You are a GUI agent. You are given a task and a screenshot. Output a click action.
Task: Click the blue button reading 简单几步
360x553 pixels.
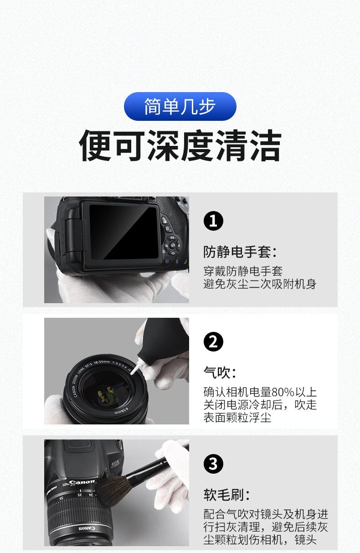click(x=180, y=106)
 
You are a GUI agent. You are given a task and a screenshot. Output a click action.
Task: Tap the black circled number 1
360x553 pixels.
click(x=213, y=221)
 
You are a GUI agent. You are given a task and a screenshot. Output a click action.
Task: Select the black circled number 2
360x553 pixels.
click(x=213, y=341)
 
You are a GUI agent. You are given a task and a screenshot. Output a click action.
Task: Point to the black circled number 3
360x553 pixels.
click(x=213, y=464)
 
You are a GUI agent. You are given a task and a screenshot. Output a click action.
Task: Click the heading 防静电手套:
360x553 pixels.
click(x=240, y=252)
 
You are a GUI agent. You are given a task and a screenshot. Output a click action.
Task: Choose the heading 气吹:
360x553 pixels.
click(x=219, y=372)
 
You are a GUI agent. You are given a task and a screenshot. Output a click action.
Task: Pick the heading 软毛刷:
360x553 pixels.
click(x=226, y=495)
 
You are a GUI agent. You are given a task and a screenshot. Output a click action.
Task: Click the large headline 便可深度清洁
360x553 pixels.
click(x=180, y=145)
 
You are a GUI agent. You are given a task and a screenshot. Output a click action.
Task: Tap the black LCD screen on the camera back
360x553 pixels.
click(x=123, y=232)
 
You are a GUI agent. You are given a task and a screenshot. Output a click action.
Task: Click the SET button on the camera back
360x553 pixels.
click(x=172, y=245)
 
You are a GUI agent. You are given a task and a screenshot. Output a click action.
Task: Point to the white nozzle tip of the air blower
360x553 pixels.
click(x=134, y=370)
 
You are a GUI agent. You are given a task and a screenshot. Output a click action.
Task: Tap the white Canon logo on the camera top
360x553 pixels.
click(x=82, y=482)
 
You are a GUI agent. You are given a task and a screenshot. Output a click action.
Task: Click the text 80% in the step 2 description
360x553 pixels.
click(x=283, y=392)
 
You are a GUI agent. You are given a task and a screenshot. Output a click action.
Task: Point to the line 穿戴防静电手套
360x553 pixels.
click(x=243, y=271)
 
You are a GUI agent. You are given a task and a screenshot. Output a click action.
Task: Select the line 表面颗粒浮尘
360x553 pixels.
click(x=237, y=418)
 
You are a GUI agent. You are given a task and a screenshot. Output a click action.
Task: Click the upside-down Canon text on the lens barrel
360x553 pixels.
click(x=87, y=528)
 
